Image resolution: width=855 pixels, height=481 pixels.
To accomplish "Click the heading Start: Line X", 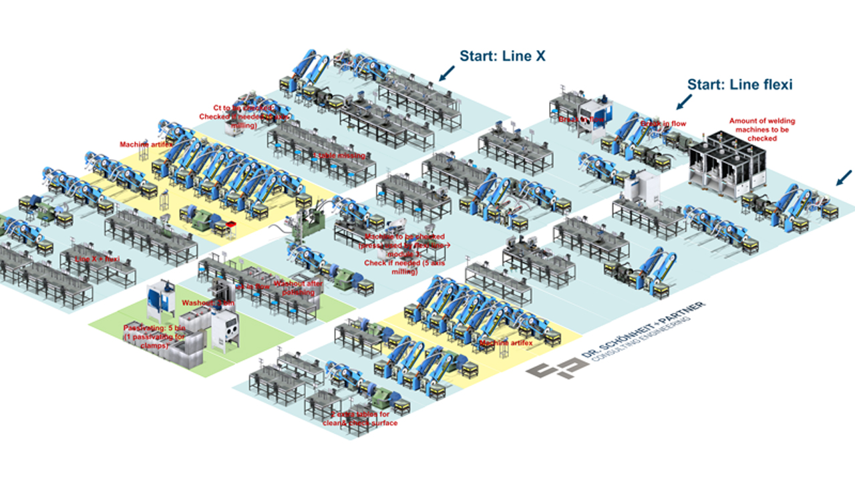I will pos(502,56).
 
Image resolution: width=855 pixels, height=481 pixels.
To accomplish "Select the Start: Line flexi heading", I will pos(739,85).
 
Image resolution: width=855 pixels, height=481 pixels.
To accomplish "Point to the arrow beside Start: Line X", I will pos(448,73).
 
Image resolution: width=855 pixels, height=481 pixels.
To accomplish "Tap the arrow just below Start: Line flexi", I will pos(683,102).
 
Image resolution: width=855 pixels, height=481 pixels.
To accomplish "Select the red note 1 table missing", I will pos(339,156).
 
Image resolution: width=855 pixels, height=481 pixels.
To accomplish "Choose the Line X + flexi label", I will pos(98,259).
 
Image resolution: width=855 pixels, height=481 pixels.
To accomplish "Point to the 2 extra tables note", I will pos(363,419).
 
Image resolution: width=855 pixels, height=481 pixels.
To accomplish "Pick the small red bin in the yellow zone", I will pos(232,224).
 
